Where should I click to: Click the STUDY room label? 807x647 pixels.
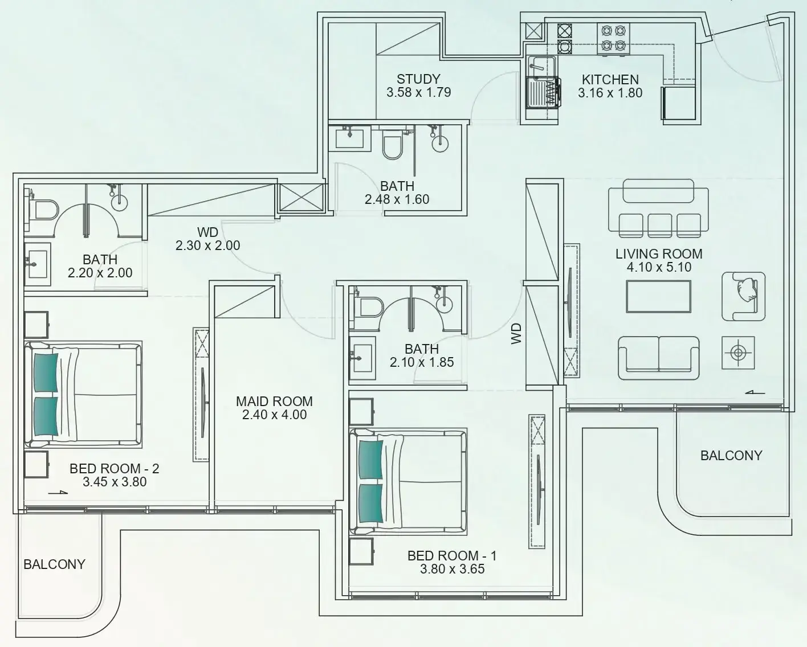[x=418, y=79]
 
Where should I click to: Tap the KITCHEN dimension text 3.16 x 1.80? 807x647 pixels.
[x=610, y=93]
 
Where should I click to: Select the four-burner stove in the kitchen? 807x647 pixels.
[x=613, y=38]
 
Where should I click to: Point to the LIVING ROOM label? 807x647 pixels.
[x=659, y=254]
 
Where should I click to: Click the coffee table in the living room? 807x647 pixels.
[x=658, y=297]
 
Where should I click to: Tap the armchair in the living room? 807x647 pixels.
[x=744, y=297]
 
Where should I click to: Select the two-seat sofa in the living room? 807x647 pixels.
[x=658, y=358]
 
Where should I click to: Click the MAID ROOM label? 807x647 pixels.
[x=274, y=402]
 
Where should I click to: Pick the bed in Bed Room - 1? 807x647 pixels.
[x=409, y=482]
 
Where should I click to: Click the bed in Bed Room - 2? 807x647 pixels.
[x=83, y=394]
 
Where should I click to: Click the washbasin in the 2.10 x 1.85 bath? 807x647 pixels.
[x=362, y=358]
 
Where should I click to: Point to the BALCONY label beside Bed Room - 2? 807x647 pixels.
[x=54, y=564]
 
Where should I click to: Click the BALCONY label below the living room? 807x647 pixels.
[x=731, y=456]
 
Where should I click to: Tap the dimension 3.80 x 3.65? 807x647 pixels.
[x=453, y=569]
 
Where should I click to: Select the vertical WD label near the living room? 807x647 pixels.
[x=516, y=334]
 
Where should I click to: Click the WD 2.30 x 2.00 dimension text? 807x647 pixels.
[x=208, y=245]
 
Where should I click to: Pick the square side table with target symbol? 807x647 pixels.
[x=738, y=353]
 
